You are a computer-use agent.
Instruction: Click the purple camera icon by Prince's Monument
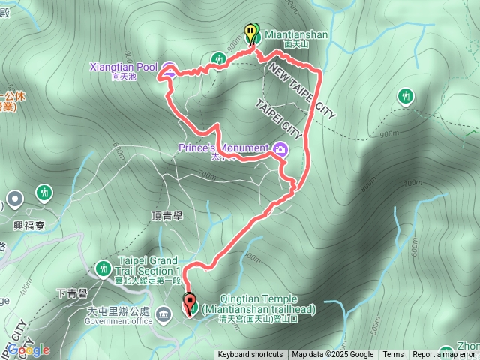tap(280, 148)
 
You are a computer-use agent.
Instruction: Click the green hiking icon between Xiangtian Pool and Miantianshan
tap(219, 58)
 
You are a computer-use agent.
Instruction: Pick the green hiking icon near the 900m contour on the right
tap(406, 96)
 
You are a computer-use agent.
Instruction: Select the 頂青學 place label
tap(166, 215)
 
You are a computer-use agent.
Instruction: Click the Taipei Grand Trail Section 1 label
tap(150, 265)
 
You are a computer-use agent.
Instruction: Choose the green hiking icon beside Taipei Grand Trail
tap(103, 267)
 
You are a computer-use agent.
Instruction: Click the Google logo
tap(29, 349)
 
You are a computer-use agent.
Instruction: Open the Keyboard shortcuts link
tap(250, 355)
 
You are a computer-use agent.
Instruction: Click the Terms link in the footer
tap(393, 355)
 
